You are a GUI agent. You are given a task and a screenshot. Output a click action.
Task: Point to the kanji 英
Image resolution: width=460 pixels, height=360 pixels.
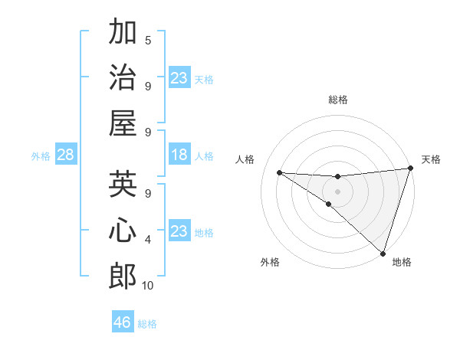[x=123, y=185]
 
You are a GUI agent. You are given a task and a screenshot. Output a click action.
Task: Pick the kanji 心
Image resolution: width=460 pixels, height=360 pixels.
[x=123, y=231]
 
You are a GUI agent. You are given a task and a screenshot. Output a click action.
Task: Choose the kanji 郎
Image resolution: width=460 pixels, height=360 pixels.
[x=123, y=276]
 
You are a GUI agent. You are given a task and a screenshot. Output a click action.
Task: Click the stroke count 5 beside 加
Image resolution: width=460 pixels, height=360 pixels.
[x=148, y=40]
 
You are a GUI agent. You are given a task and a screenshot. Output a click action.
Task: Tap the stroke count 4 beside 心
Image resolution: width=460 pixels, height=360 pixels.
[x=148, y=240]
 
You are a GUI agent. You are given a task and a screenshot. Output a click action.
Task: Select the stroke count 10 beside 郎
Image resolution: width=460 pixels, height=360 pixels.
[x=148, y=286]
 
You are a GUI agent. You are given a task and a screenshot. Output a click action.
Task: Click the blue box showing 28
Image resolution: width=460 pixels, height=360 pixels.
[x=65, y=155]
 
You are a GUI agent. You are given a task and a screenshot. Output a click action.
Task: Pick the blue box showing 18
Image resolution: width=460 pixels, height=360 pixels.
[x=179, y=155]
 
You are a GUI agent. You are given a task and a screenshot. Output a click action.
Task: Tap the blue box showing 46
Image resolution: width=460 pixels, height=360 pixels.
[x=123, y=322]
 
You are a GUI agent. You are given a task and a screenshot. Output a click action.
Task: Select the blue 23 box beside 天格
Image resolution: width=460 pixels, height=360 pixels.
[x=179, y=77]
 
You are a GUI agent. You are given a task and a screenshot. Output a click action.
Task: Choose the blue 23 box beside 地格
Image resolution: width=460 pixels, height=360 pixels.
[x=179, y=231]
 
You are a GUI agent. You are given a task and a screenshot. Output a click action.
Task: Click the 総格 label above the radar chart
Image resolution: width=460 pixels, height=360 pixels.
[x=338, y=100]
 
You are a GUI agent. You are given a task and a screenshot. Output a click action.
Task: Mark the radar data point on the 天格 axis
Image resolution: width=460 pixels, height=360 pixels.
[x=410, y=169]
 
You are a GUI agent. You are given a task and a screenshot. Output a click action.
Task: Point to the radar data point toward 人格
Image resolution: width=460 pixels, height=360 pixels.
[x=279, y=172]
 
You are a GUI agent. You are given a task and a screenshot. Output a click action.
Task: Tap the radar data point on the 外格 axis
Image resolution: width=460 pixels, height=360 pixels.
[x=329, y=204]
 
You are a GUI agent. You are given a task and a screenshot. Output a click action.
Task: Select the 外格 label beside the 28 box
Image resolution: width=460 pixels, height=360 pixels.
[x=41, y=155]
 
